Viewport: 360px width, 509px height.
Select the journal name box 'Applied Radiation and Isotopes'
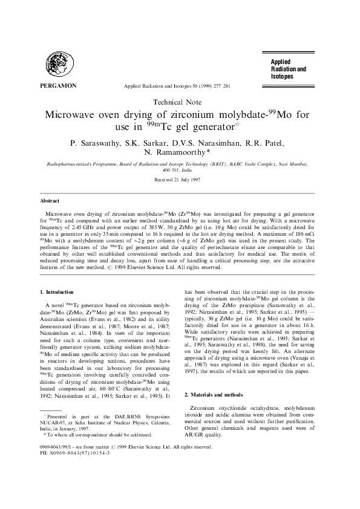click(x=289, y=70)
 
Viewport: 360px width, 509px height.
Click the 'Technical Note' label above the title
click(x=180, y=103)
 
